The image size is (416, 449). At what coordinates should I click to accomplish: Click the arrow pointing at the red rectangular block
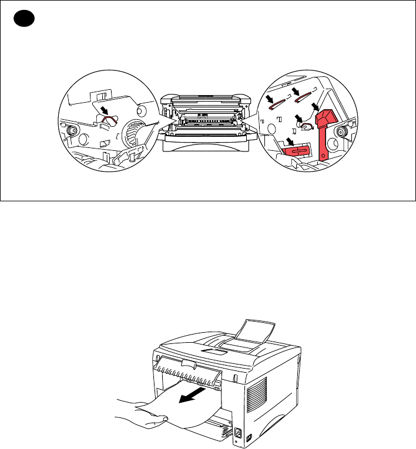click(x=289, y=141)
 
